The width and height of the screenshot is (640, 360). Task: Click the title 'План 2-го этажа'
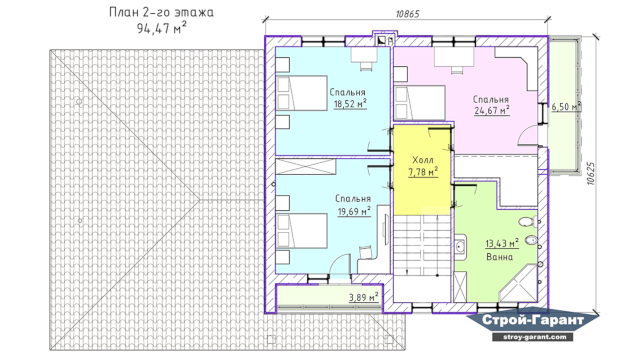point(161,12)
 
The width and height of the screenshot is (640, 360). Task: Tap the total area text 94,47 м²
point(162,28)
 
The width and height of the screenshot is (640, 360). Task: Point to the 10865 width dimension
point(407,14)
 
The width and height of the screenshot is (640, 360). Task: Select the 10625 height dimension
point(590,173)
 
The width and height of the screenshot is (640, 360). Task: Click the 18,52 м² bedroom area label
point(350,104)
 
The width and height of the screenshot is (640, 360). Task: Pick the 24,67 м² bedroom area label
point(492,110)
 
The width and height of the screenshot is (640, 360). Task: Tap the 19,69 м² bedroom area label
point(354,211)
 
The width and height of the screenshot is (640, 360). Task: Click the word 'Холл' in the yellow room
point(423,160)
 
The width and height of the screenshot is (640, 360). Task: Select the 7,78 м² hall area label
point(423,172)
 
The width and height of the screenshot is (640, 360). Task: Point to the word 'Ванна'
point(499,257)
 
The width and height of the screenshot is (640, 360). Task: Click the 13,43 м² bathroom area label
point(502,243)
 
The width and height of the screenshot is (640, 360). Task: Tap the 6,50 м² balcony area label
point(566,107)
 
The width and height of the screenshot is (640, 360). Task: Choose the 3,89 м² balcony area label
point(363,297)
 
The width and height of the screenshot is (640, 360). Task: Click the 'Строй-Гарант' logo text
point(533,320)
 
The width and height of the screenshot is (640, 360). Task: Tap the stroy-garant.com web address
point(533,337)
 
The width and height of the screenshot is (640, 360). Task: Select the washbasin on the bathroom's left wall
point(460,248)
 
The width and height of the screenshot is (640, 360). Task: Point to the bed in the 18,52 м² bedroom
point(301,93)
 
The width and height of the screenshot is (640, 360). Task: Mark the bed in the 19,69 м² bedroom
point(301,231)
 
